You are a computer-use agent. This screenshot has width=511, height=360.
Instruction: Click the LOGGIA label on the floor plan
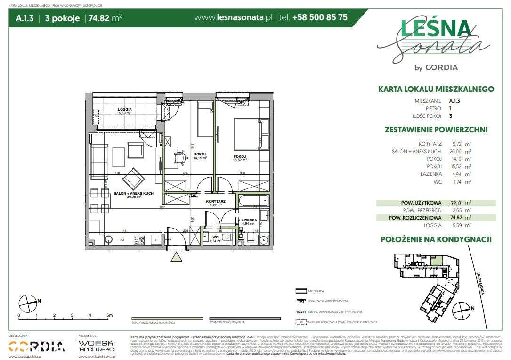[125, 109]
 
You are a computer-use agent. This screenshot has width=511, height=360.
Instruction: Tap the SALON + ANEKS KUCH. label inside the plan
[132, 193]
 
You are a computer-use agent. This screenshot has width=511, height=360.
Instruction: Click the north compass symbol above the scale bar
[29, 301]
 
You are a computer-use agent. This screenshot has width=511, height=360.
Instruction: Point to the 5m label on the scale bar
[109, 315]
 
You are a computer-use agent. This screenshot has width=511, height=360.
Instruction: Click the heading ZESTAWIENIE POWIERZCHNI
[436, 130]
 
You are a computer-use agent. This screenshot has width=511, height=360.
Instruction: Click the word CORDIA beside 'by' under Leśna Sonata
[441, 67]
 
